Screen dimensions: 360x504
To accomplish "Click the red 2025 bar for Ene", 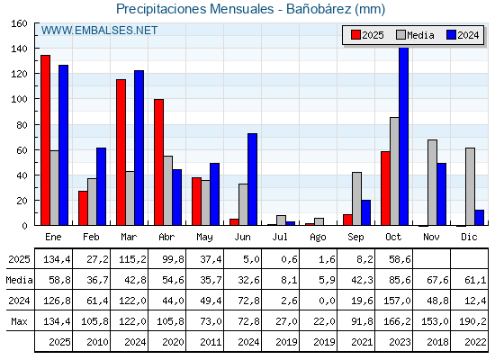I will point(45,139).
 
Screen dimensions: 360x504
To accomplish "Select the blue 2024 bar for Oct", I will point(403,136).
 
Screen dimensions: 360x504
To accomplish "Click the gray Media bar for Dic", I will point(470,186).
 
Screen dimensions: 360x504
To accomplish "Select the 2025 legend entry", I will point(367,35).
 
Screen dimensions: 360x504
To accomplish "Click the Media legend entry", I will point(414,35).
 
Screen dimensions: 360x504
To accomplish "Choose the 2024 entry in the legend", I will point(462,35).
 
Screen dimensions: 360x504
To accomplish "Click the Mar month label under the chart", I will point(129,236).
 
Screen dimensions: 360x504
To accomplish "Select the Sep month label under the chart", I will point(355,236).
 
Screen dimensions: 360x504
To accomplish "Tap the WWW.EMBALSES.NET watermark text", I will point(99,31).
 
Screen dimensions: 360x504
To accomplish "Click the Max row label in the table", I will point(18,322).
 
